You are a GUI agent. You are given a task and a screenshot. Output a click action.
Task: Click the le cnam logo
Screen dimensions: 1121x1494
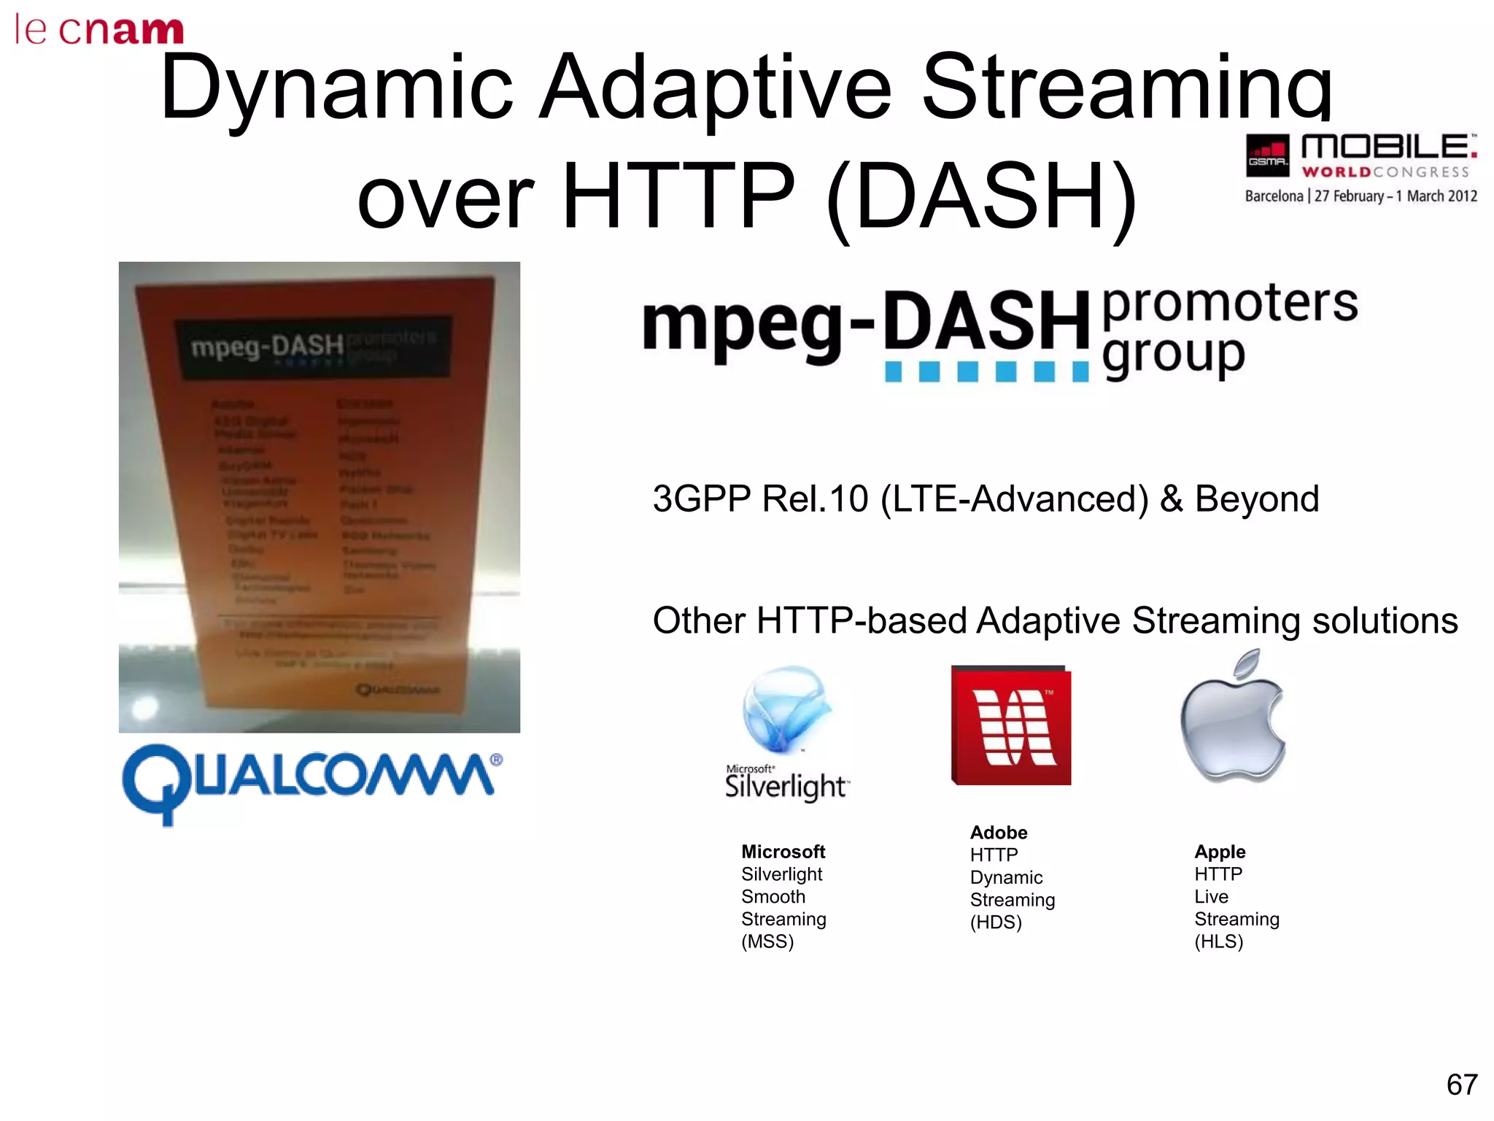pyautogui.click(x=98, y=29)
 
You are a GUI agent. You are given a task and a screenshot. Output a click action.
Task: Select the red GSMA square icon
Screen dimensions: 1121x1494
pyautogui.click(x=1268, y=155)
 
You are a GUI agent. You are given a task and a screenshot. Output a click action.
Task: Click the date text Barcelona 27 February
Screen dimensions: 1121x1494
pyautogui.click(x=1361, y=196)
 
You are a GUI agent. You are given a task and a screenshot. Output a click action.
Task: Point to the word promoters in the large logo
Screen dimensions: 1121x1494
pyautogui.click(x=1230, y=303)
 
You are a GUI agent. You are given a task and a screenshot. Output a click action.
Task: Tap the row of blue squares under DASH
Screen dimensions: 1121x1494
pyautogui.click(x=986, y=372)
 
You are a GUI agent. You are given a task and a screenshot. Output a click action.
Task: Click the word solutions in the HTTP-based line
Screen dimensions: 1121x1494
pyautogui.click(x=1385, y=621)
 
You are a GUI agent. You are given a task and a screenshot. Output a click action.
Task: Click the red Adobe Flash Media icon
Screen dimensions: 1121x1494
pyautogui.click(x=1011, y=725)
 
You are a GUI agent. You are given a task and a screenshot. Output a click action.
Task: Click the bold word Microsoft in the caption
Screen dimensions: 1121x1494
pyautogui.click(x=783, y=852)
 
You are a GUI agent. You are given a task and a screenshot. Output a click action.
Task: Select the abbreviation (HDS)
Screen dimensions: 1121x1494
pyautogui.click(x=996, y=922)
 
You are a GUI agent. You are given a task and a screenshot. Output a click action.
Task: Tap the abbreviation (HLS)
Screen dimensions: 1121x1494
pyautogui.click(x=1218, y=941)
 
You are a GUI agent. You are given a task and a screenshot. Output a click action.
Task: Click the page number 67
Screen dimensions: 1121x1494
pyautogui.click(x=1462, y=1085)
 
